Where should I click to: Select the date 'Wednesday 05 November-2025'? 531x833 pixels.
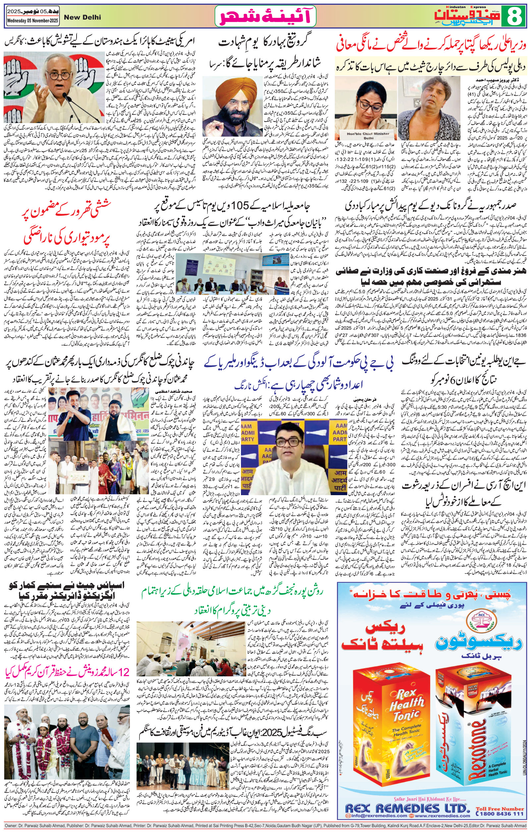(x=33, y=21)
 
